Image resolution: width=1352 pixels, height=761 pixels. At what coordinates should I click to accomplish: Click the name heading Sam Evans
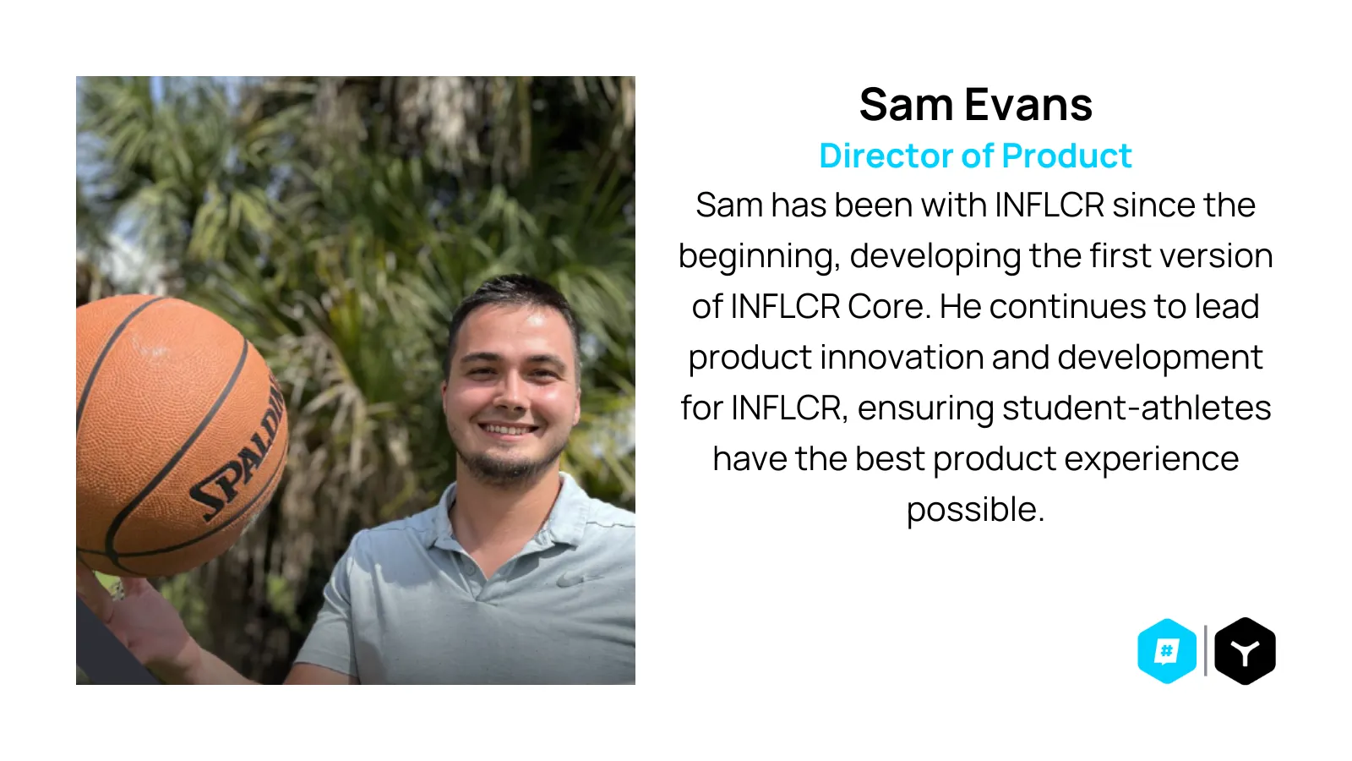(975, 105)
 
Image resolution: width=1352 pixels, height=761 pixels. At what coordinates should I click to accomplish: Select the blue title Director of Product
(975, 156)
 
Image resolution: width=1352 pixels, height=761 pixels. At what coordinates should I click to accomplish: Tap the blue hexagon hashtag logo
(1167, 651)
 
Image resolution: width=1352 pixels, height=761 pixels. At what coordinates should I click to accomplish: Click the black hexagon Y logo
(1245, 651)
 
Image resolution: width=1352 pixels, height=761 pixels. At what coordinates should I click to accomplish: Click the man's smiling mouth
(507, 430)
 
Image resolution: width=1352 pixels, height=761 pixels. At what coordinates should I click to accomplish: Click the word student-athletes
(1137, 408)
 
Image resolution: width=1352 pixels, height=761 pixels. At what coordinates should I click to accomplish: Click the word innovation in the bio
(902, 358)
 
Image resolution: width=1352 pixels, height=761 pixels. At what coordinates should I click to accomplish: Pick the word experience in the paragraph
(1152, 460)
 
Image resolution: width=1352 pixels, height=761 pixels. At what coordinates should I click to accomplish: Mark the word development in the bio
(1160, 359)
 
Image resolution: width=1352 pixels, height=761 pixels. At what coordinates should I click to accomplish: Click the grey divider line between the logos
(1205, 650)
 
